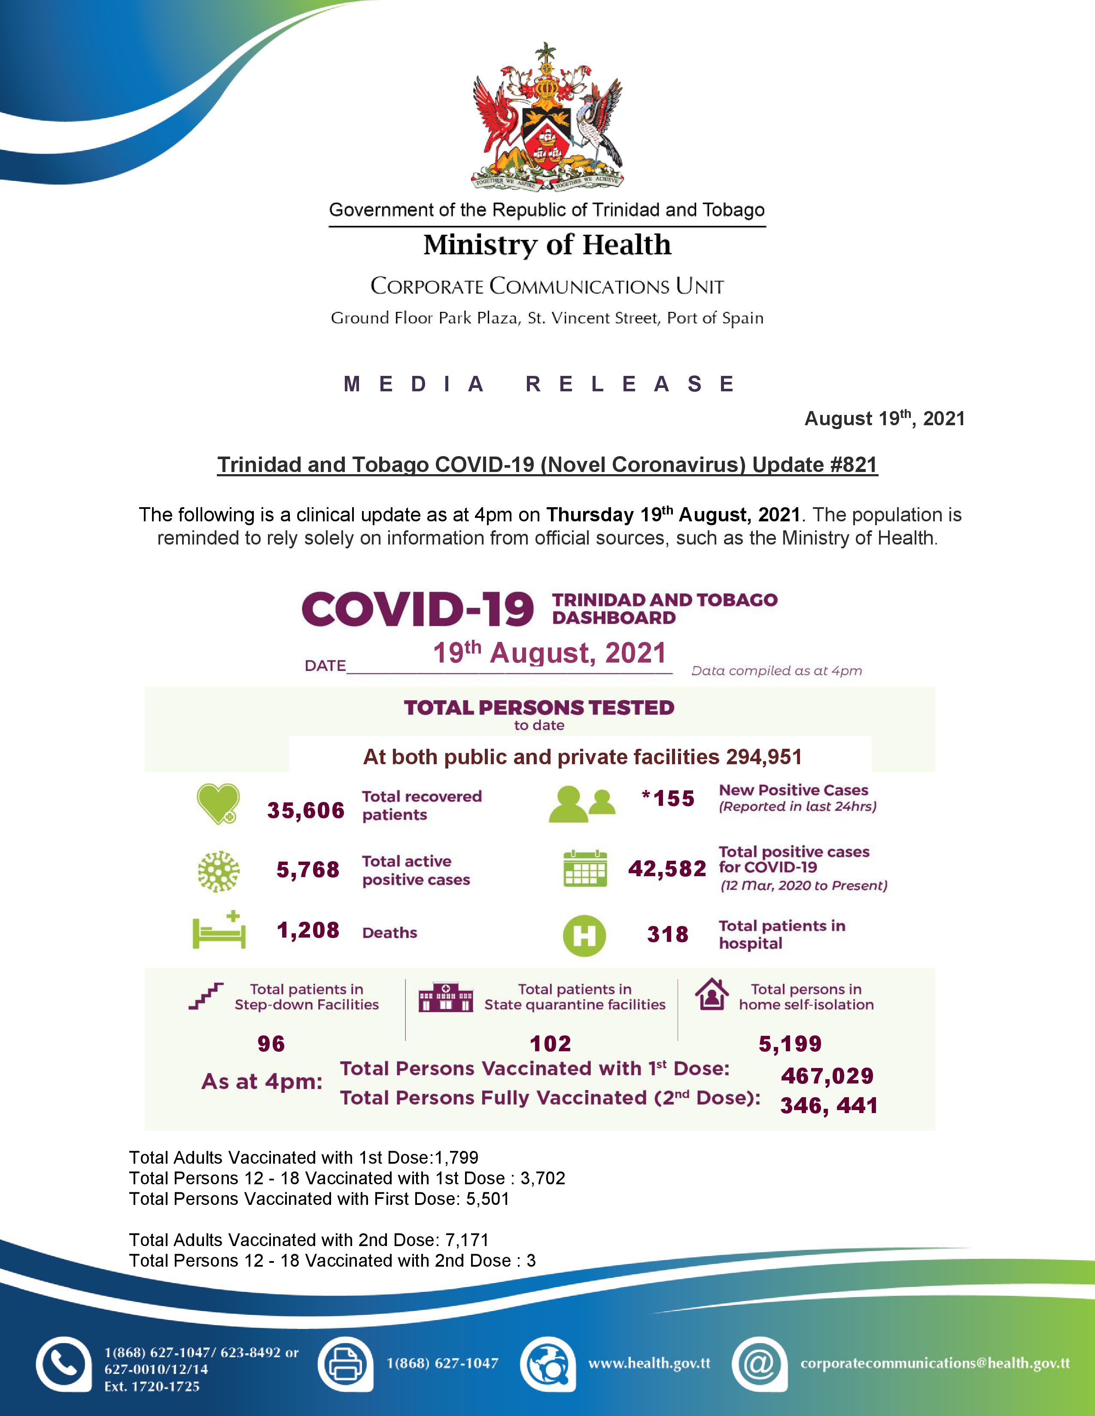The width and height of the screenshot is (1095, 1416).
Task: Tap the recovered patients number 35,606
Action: tap(306, 811)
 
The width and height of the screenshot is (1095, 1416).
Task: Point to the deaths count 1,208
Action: tap(308, 930)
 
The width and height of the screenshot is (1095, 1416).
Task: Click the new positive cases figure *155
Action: tap(668, 799)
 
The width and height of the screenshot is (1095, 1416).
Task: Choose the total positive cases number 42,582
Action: tap(667, 869)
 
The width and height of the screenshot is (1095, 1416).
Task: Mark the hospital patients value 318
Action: tap(667, 934)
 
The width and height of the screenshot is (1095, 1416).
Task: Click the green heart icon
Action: tap(218, 804)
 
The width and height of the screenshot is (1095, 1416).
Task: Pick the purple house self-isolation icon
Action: tap(712, 995)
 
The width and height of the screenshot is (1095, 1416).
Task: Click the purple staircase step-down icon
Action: tap(206, 996)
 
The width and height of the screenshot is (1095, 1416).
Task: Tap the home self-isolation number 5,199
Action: tap(790, 1044)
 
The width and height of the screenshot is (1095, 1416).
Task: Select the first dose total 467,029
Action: tap(827, 1076)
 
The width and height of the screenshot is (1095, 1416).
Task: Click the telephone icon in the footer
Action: tap(63, 1364)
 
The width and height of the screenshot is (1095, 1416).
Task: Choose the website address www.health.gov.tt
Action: tap(649, 1363)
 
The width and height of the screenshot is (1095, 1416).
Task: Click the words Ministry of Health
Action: tap(547, 245)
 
